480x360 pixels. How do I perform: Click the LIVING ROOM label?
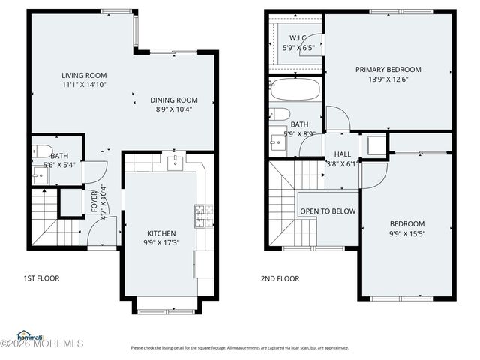click(x=84, y=75)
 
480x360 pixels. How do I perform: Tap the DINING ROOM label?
click(x=173, y=100)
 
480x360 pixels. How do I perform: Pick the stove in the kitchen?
click(x=199, y=216)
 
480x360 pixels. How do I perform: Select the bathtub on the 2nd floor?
click(x=295, y=90)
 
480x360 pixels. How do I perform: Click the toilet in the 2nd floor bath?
click(x=279, y=114)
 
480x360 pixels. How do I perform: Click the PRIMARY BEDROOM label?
click(x=388, y=69)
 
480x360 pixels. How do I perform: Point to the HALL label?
click(x=342, y=154)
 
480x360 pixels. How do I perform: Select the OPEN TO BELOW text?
click(x=328, y=211)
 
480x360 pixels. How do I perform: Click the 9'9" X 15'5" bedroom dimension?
click(x=406, y=234)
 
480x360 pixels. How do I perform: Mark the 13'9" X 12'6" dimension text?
click(x=388, y=79)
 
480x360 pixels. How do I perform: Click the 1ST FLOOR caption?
click(x=41, y=278)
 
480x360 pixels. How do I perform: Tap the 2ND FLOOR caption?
click(x=280, y=278)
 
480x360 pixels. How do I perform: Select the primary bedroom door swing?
click(x=337, y=118)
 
